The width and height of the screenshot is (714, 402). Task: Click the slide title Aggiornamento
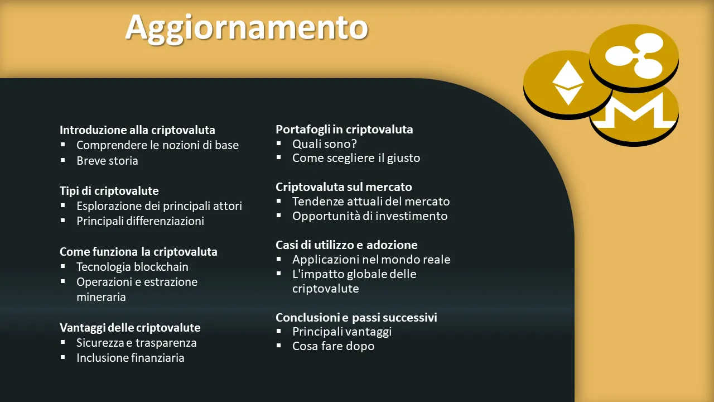247,28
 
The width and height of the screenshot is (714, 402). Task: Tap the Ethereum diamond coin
567,84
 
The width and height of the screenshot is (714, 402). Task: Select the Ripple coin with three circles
634,58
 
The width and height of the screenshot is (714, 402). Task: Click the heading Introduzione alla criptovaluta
137,130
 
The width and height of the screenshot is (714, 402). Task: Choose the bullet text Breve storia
107,160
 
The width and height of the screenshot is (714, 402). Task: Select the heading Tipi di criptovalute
109,191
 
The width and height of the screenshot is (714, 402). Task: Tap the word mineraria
101,297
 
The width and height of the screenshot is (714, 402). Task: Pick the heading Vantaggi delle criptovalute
130,328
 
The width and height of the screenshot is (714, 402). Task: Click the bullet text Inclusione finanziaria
131,358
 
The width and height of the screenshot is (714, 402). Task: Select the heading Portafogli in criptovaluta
344,130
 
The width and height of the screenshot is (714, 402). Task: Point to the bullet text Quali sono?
325,144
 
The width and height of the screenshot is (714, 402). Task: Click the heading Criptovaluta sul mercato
344,187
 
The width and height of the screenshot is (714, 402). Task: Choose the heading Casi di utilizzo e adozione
346,245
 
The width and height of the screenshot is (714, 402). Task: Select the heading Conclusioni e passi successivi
356,318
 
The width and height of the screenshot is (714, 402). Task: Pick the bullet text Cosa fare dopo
334,346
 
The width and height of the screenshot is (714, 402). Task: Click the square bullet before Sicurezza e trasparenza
63,342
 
